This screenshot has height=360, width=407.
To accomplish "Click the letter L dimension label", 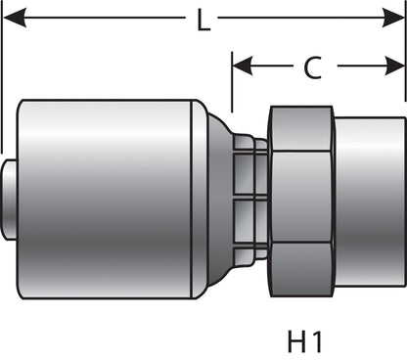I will tap(203, 21).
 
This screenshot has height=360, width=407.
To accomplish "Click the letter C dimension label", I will tap(311, 67).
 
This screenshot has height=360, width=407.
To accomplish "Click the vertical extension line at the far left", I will tap(4, 78).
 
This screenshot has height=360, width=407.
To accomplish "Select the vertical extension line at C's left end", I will tap(232, 83).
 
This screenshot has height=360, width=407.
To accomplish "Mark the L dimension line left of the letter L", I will tap(98, 20).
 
